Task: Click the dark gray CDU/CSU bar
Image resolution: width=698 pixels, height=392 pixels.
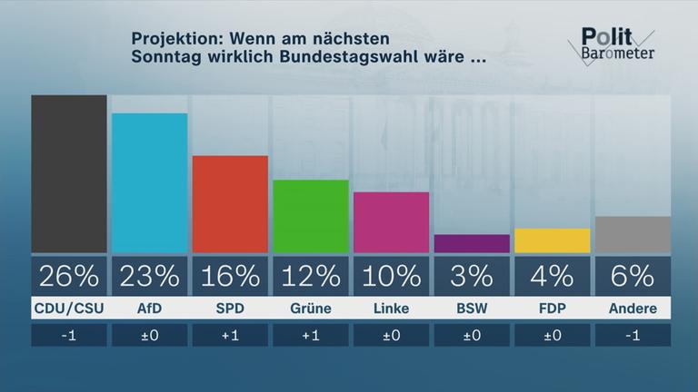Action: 69,173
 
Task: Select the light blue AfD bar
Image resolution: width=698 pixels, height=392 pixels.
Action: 149,182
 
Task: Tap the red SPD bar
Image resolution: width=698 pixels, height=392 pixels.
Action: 230,204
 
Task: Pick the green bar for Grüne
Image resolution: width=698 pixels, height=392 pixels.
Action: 311,216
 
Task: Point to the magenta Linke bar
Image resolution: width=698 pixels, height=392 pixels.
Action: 391,222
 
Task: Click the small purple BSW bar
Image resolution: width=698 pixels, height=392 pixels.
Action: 472,243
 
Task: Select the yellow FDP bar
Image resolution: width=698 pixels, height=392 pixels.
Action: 552,240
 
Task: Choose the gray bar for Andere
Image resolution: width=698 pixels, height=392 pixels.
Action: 633,234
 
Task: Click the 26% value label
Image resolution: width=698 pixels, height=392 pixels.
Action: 69,275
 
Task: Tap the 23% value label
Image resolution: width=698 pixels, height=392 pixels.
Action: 149,275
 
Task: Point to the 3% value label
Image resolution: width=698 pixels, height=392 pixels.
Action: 472,275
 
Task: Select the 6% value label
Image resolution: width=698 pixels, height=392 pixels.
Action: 633,275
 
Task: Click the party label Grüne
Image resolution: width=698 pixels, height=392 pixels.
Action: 311,309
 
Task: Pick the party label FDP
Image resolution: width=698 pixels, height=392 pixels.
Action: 552,309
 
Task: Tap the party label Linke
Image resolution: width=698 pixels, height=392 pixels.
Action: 391,309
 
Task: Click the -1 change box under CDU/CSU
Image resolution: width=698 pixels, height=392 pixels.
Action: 69,335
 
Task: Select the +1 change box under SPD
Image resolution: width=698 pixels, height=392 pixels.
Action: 230,335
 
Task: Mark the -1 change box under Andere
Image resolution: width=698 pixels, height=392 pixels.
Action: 633,335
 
